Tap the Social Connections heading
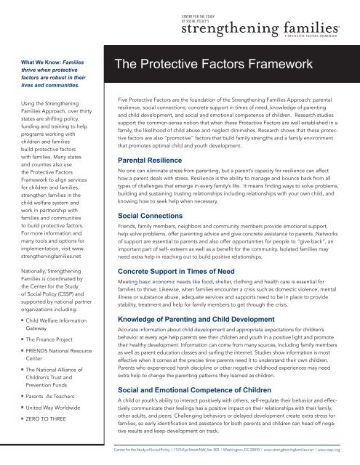pyautogui.click(x=142, y=196)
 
